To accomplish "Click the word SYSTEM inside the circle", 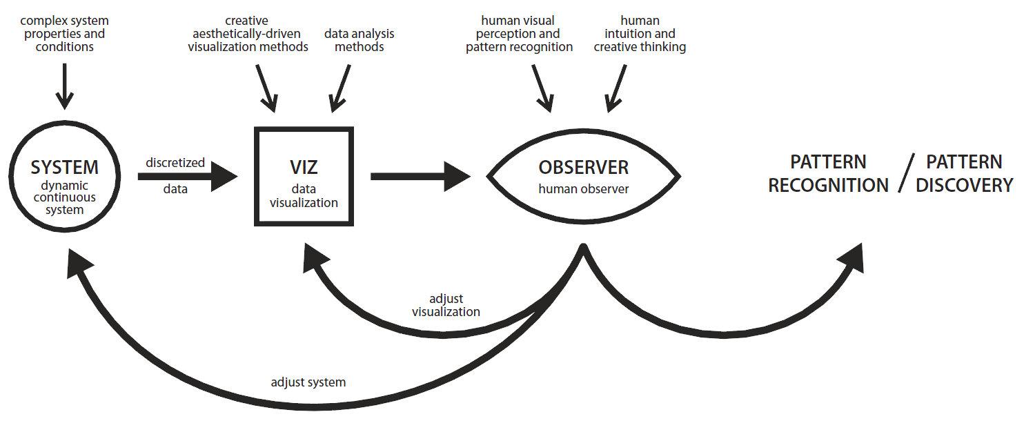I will click(x=64, y=167).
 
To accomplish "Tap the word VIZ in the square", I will click(x=304, y=167).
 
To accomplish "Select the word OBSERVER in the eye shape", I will click(x=583, y=167).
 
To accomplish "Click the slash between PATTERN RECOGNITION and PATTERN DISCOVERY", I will click(x=907, y=173).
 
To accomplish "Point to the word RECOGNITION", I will click(x=828, y=185).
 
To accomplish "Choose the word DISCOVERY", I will click(x=964, y=185).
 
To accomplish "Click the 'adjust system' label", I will click(x=308, y=382).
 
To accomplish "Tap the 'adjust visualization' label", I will click(x=446, y=305).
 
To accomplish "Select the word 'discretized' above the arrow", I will click(x=175, y=163).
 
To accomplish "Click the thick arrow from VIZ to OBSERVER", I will click(x=421, y=177).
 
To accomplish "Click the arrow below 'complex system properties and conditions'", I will click(x=64, y=86).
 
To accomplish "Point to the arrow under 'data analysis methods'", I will click(x=340, y=88).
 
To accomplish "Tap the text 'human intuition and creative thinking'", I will click(x=640, y=34).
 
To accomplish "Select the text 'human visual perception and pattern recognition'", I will click(x=519, y=34).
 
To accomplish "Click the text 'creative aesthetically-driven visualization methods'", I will click(x=248, y=34).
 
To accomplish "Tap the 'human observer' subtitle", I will click(x=584, y=188).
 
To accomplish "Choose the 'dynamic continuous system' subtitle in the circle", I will click(x=64, y=197).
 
